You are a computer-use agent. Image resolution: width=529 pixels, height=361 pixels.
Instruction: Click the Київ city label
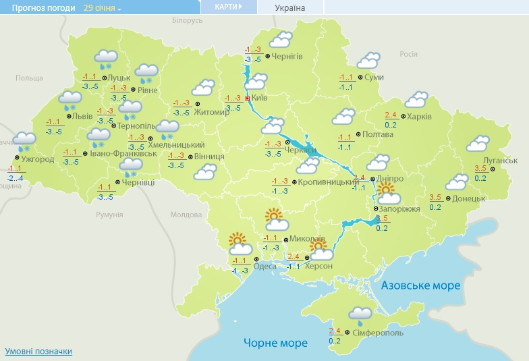pyautogui.click(x=260, y=99)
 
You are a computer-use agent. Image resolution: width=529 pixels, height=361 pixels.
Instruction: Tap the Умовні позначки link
pyautogui.click(x=38, y=351)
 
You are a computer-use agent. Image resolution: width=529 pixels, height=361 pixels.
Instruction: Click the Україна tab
pyautogui.click(x=290, y=8)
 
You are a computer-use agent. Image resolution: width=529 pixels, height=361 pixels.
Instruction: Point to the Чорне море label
pyautogui.click(x=275, y=343)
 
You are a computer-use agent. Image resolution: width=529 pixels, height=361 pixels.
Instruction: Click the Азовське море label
pyautogui.click(x=420, y=285)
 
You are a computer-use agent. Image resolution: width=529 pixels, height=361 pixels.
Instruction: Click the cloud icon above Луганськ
pyautogui.click(x=478, y=143)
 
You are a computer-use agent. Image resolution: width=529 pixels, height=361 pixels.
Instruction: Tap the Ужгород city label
pyautogui.click(x=38, y=159)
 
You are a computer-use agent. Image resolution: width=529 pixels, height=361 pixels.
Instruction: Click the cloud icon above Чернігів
pyautogui.click(x=279, y=39)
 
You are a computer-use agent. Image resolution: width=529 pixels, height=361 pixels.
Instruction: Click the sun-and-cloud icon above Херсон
pyautogui.click(x=319, y=250)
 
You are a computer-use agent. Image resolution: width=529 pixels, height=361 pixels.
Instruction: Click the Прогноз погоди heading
pyautogui.click(x=39, y=8)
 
